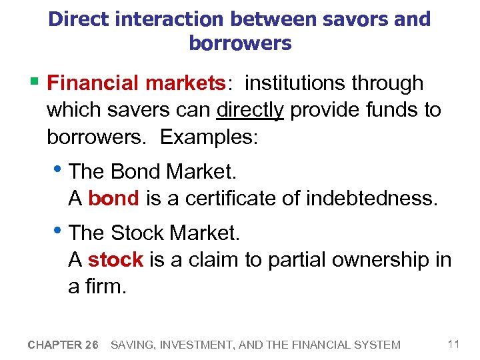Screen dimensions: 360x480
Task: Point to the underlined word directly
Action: pos(251,110)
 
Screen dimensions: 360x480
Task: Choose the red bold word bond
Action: pos(113,198)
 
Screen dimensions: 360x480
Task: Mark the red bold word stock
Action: pos(115,259)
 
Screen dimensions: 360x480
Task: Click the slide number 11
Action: pos(454,344)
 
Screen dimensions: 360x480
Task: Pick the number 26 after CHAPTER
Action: pos(92,345)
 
